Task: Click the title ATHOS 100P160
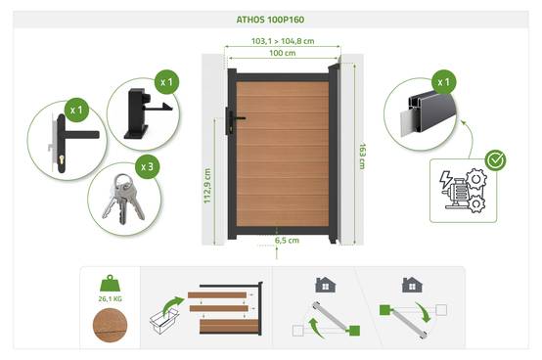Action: [x=270, y=20]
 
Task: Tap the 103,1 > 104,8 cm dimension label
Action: [x=283, y=41]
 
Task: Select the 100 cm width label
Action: [x=283, y=53]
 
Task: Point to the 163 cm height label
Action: [x=362, y=157]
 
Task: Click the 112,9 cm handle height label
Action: [x=207, y=186]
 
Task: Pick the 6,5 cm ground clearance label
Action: [x=287, y=241]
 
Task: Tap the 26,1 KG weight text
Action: [x=110, y=298]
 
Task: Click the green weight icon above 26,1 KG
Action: [x=110, y=284]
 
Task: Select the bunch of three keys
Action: [x=123, y=199]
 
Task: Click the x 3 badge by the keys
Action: [x=148, y=167]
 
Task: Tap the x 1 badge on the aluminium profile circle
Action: [x=444, y=82]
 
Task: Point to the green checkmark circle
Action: [x=495, y=160]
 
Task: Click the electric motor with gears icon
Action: [x=463, y=191]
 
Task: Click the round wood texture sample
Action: [x=110, y=325]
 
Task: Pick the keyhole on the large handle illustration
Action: [x=62, y=159]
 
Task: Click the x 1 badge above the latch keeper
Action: [x=166, y=82]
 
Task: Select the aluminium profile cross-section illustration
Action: [x=428, y=114]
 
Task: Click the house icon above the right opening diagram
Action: [x=412, y=285]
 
